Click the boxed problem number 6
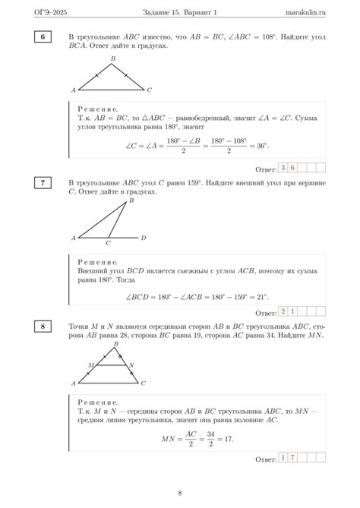(x=43, y=36)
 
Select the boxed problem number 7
(x=43, y=183)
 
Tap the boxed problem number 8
(x=43, y=327)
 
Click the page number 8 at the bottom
(x=179, y=493)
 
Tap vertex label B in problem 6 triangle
(x=113, y=58)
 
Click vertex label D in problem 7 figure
(x=143, y=238)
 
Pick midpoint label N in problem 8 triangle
(x=131, y=365)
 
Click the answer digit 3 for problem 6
(x=283, y=168)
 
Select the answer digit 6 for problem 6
(x=292, y=168)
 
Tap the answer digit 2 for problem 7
(x=283, y=311)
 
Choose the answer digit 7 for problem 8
(x=292, y=458)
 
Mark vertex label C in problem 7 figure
(x=108, y=244)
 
